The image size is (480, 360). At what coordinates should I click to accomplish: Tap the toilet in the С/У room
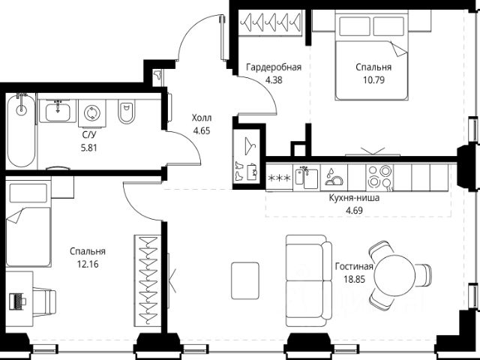(x=126, y=112)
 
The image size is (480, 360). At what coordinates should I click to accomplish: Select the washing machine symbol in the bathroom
(x=91, y=113)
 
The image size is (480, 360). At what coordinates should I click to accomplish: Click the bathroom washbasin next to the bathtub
(x=58, y=112)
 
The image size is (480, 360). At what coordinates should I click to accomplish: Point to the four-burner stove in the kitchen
(x=380, y=177)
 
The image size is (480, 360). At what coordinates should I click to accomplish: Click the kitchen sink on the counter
(x=307, y=177)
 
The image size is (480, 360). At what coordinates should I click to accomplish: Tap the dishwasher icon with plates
(x=334, y=177)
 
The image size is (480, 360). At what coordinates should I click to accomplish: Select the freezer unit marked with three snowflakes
(x=280, y=178)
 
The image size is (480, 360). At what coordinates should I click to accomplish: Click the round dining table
(x=395, y=275)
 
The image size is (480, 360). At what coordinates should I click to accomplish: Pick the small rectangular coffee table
(x=245, y=280)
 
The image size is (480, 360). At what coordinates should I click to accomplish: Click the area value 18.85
(x=355, y=279)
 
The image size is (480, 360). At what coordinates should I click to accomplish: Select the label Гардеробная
(x=274, y=67)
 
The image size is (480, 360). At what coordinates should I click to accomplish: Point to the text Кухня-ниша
(x=354, y=198)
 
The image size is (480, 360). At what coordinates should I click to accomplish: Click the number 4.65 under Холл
(x=202, y=130)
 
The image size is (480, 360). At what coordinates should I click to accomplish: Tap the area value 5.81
(x=88, y=148)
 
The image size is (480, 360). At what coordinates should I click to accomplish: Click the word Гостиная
(x=354, y=267)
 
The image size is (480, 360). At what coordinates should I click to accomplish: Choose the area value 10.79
(x=373, y=80)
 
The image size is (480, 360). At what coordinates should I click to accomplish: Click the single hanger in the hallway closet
(x=250, y=146)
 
